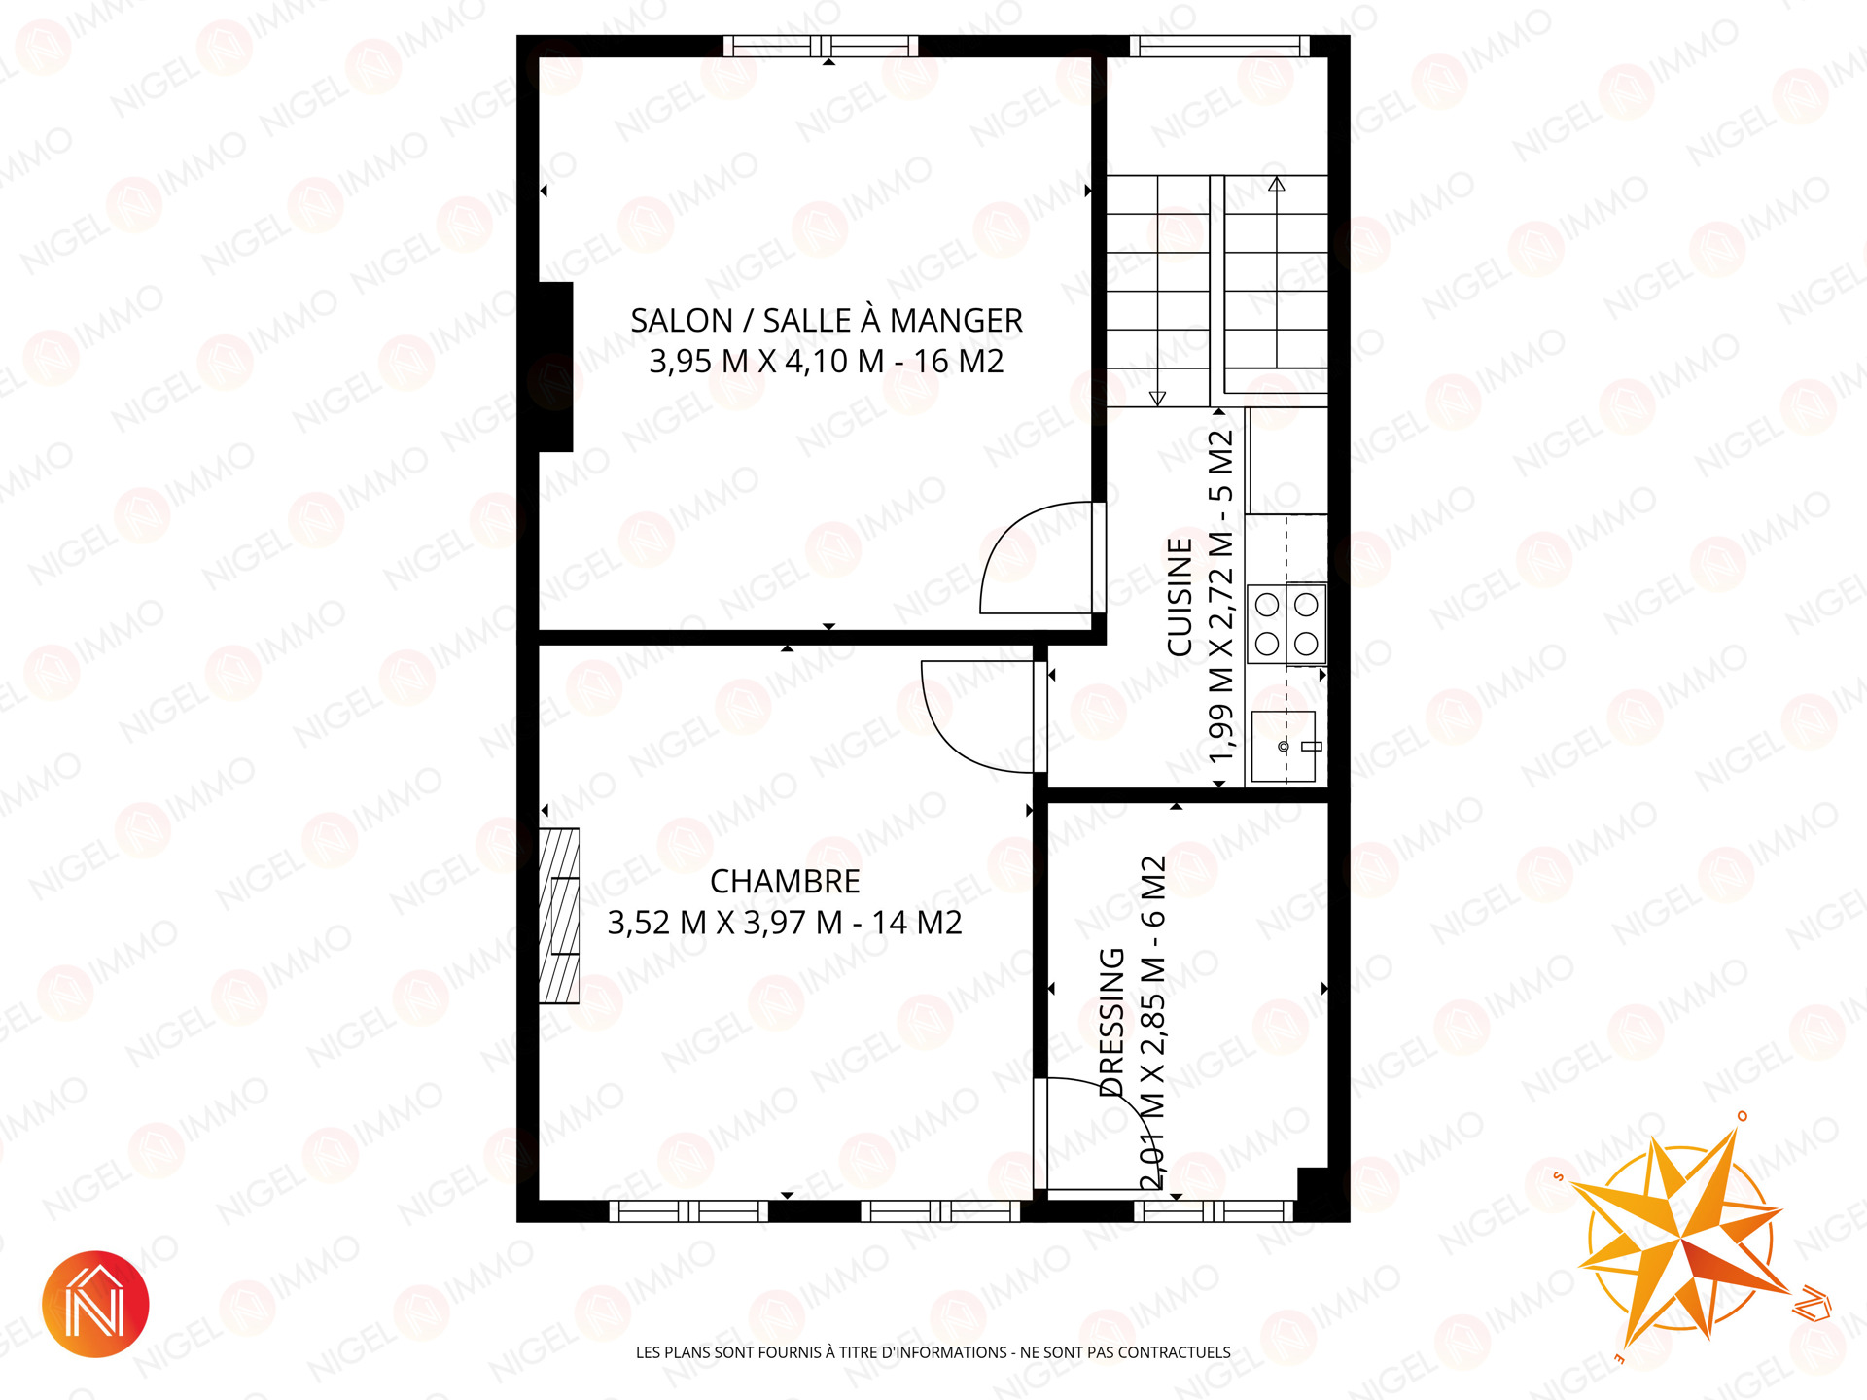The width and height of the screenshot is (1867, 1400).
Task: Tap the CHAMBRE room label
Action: tap(785, 882)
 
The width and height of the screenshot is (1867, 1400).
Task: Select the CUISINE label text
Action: tap(1180, 597)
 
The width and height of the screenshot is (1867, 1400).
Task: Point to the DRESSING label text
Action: tap(1111, 1022)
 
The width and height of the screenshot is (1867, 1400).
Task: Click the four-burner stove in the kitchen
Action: tap(1286, 624)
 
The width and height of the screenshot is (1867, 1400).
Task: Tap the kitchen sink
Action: tap(1284, 746)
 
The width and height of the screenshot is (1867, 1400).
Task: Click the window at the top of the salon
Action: tap(823, 46)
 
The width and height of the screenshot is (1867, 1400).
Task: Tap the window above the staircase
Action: tap(1220, 46)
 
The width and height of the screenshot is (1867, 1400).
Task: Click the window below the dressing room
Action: tap(1214, 1211)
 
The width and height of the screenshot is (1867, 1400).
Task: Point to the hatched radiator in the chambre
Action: tap(559, 916)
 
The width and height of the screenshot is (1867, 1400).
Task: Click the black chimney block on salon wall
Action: tap(555, 367)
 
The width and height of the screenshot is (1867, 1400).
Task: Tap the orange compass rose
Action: tap(1682, 1240)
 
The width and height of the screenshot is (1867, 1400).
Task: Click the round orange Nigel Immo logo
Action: tap(95, 1304)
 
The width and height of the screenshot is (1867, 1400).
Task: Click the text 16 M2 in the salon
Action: tap(958, 362)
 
